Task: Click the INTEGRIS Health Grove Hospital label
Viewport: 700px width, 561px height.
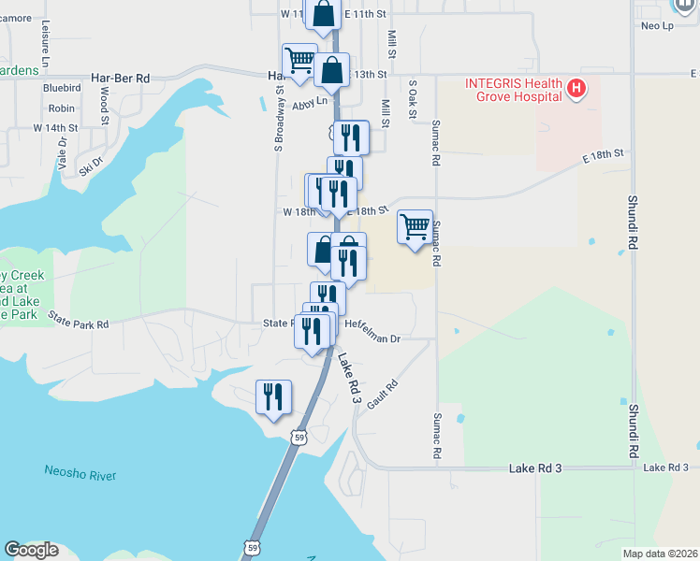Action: [x=514, y=90]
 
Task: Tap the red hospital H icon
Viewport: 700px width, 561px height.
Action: [x=576, y=90]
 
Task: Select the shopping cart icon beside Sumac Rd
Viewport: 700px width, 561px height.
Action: [x=415, y=227]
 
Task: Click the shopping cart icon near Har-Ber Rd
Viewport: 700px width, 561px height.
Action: [x=299, y=61]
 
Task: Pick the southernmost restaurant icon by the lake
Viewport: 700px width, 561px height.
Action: [x=273, y=397]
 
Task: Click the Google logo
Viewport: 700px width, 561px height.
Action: [x=31, y=550]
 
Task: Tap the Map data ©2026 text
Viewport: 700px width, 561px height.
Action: [x=660, y=554]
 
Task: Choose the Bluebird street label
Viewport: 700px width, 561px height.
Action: [x=59, y=89]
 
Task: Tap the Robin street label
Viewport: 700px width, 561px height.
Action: [x=61, y=108]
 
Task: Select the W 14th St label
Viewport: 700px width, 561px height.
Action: [x=55, y=127]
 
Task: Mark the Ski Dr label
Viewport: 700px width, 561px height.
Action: [x=90, y=165]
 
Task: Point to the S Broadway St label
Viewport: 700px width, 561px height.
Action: [x=279, y=119]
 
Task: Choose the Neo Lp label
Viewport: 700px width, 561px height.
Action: [x=657, y=25]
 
